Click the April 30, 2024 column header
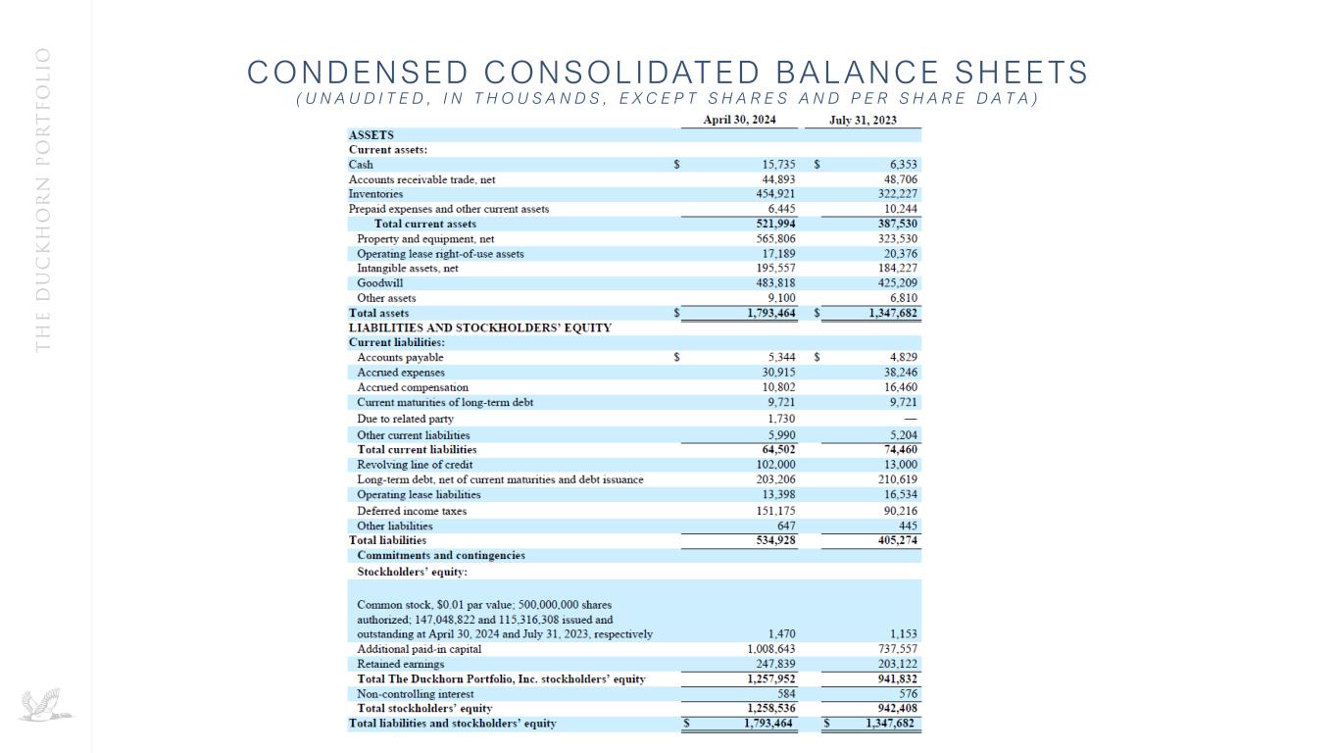click(740, 120)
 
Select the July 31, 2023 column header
click(863, 120)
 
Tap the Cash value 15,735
click(778, 165)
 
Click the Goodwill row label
click(380, 282)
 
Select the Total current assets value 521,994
click(775, 224)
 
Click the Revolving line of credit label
click(415, 465)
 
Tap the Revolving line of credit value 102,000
click(775, 465)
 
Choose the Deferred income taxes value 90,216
click(901, 511)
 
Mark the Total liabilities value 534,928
click(775, 540)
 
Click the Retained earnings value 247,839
click(775, 664)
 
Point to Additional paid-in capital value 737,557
click(898, 649)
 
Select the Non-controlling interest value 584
click(785, 693)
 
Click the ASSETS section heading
click(372, 134)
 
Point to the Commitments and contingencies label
click(441, 555)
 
